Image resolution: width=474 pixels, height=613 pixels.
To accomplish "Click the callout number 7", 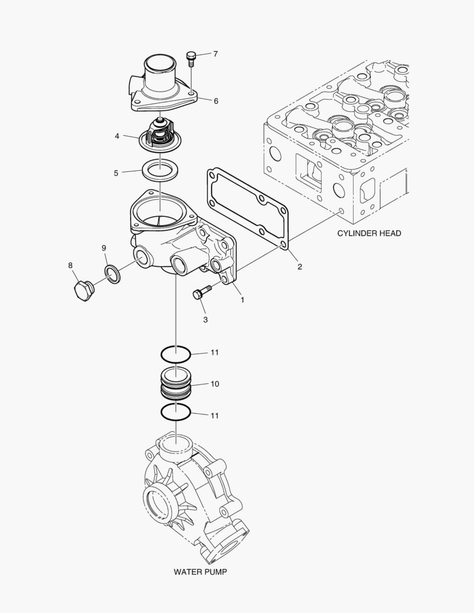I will [x=215, y=54].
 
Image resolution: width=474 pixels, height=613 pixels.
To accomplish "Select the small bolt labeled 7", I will [x=191, y=57].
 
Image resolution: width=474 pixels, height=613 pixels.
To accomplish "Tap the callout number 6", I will [x=216, y=100].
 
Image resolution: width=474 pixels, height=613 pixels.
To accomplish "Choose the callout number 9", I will [x=104, y=248].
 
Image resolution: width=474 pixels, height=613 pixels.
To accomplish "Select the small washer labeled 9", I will [x=113, y=274].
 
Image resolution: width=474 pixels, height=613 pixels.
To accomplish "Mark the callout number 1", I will [x=242, y=299].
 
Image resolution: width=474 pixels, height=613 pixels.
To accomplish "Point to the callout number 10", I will [x=215, y=384].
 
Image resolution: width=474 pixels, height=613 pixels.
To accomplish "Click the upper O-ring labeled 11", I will [x=175, y=355].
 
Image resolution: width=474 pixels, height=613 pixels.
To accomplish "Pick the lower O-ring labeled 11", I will [x=175, y=413].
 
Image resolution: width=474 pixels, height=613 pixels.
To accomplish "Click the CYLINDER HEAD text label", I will [x=369, y=233].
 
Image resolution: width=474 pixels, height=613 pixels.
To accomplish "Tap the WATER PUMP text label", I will [x=200, y=572].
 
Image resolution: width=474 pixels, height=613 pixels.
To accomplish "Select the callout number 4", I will [x=116, y=136].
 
